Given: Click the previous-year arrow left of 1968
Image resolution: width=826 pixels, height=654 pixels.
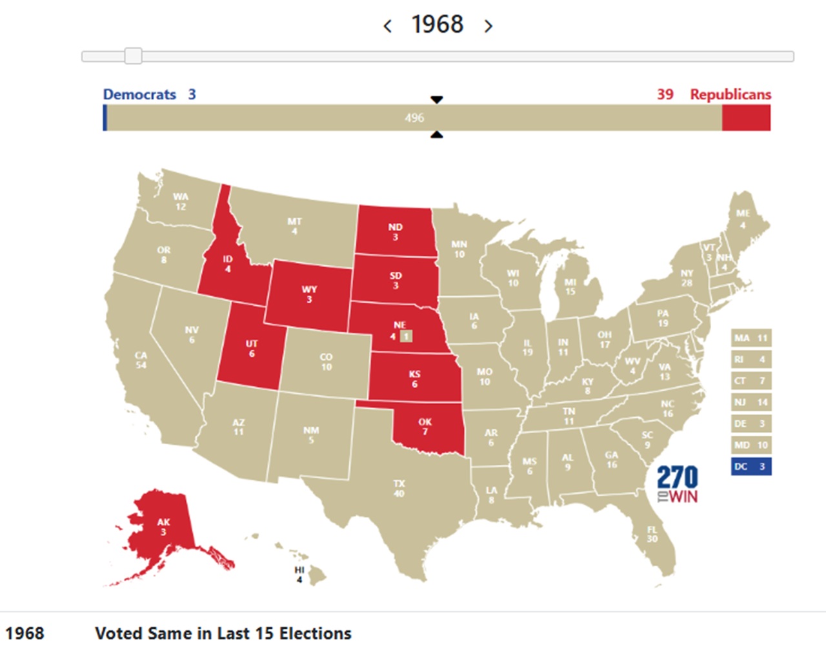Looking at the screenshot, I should (x=388, y=26).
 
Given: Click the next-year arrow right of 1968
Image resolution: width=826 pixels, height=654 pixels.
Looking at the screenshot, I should (x=489, y=26).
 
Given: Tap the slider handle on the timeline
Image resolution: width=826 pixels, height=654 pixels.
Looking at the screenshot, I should (x=133, y=56).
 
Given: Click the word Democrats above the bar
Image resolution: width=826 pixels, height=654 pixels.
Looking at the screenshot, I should (x=139, y=94).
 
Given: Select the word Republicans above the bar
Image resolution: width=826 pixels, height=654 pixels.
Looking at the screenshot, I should (x=730, y=94).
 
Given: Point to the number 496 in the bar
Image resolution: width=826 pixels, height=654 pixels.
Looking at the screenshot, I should (x=414, y=118).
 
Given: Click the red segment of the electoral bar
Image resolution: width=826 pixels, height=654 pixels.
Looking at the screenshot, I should (x=746, y=118).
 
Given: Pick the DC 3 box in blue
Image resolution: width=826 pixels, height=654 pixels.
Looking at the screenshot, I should (x=751, y=466).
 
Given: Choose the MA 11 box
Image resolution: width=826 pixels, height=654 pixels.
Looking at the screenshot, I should (x=751, y=338).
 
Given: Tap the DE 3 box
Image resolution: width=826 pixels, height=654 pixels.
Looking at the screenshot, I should (x=751, y=424).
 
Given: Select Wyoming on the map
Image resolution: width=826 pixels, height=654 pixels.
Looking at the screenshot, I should (x=308, y=294).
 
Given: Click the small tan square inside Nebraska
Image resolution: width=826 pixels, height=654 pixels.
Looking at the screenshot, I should (x=406, y=336).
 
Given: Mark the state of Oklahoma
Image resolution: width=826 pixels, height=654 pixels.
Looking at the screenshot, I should (x=426, y=427).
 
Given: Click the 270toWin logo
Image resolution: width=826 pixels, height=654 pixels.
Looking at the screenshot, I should (x=677, y=484).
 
